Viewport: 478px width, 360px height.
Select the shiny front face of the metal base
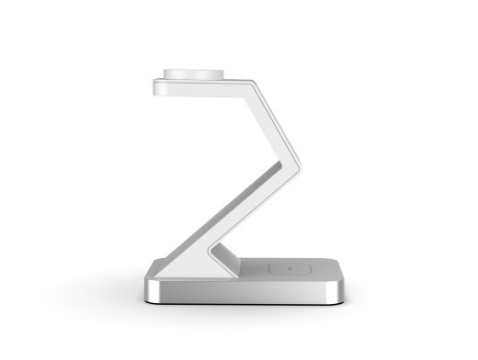[x=244, y=292]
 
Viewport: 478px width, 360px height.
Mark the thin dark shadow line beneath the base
[x=244, y=305]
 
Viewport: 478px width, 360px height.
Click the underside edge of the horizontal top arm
[x=202, y=95]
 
